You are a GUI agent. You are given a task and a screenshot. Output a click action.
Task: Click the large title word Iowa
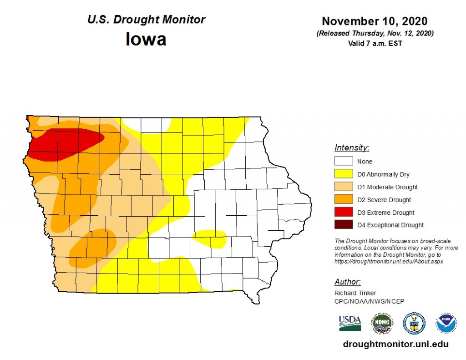pyautogui.click(x=146, y=39)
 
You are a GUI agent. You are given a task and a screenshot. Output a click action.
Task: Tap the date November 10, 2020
pyautogui.click(x=375, y=21)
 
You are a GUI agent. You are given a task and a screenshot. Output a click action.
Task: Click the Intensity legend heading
pyautogui.click(x=352, y=147)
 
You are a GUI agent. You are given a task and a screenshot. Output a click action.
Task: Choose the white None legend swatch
pyautogui.click(x=344, y=161)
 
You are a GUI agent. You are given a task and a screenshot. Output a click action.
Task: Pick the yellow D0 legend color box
pyautogui.click(x=344, y=174)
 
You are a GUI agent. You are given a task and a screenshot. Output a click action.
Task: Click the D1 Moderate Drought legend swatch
pyautogui.click(x=344, y=187)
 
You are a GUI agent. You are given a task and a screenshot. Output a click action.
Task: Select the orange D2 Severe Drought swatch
pyautogui.click(x=344, y=199)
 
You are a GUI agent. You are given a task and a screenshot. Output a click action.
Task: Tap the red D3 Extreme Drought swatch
pyautogui.click(x=344, y=212)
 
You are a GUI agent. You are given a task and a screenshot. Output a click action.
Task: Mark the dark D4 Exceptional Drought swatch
pyautogui.click(x=344, y=225)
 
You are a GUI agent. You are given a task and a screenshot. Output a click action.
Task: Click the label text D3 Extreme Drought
pyautogui.click(x=386, y=213)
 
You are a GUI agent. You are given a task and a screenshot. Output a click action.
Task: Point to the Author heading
pyautogui.click(x=347, y=282)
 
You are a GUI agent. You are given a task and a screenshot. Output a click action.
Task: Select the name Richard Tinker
pyautogui.click(x=355, y=293)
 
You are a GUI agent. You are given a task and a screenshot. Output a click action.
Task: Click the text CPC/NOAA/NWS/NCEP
pyautogui.click(x=369, y=301)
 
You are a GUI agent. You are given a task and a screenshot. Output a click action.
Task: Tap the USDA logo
pyautogui.click(x=349, y=323)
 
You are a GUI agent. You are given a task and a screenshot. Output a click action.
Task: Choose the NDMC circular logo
pyautogui.click(x=381, y=323)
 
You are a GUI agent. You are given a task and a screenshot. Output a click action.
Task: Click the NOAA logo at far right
pyautogui.click(x=446, y=323)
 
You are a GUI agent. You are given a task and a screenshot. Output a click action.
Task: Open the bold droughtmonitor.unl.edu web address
pyautogui.click(x=395, y=345)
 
